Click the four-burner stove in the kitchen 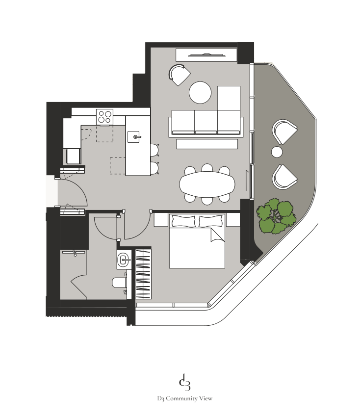pyautogui.click(x=105, y=117)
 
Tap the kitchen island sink pyautogui.click(x=133, y=137)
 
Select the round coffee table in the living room pyautogui.click(x=200, y=93)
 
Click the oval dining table pyautogui.click(x=207, y=184)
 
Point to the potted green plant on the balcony pyautogui.click(x=276, y=216)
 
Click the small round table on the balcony pyautogui.click(x=277, y=152)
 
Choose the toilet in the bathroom pyautogui.click(x=119, y=283)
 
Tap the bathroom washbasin pyautogui.click(x=124, y=260)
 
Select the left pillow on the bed pyautogui.click(x=184, y=221)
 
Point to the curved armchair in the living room pyautogui.click(x=180, y=75)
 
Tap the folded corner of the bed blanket pyautogui.click(x=217, y=235)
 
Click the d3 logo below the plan pyautogui.click(x=184, y=382)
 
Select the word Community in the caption pyautogui.click(x=182, y=398)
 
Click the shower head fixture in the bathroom pyautogui.click(x=75, y=253)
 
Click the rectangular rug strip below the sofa pyautogui.click(x=207, y=144)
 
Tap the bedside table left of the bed pyautogui.click(x=161, y=220)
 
